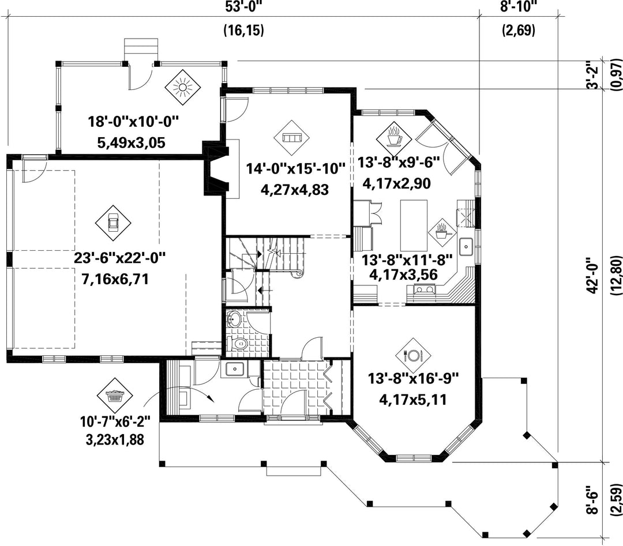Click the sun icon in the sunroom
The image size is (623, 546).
[x=182, y=88]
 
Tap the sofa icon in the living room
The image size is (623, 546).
[x=292, y=138]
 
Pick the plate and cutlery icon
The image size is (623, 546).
[x=413, y=355]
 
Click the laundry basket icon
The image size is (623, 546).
[x=115, y=396]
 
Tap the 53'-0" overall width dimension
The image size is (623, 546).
[x=243, y=7]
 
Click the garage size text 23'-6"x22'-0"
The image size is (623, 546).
[x=119, y=258]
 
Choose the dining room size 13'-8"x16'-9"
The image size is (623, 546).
[x=413, y=378]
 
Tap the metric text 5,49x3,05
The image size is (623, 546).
[x=131, y=142]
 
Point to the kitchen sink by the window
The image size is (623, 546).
[x=466, y=247]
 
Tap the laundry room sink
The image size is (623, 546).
[x=234, y=370]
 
